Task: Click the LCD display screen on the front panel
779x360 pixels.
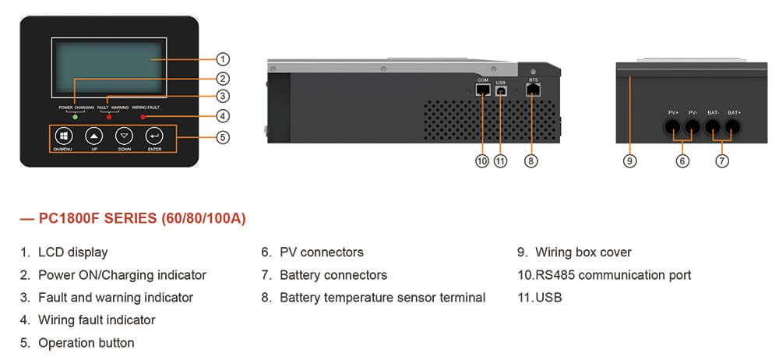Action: (109, 67)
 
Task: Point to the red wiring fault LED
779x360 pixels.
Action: (143, 117)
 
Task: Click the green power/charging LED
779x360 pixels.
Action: (75, 117)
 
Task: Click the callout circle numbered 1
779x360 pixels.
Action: (223, 59)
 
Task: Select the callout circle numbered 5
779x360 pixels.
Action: (223, 137)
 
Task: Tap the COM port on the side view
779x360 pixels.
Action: (483, 90)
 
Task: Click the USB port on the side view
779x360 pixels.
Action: (501, 90)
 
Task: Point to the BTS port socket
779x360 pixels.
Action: (534, 90)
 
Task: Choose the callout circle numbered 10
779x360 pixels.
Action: (482, 161)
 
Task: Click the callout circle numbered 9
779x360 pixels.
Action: (630, 161)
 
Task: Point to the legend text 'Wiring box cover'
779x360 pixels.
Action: (583, 252)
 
